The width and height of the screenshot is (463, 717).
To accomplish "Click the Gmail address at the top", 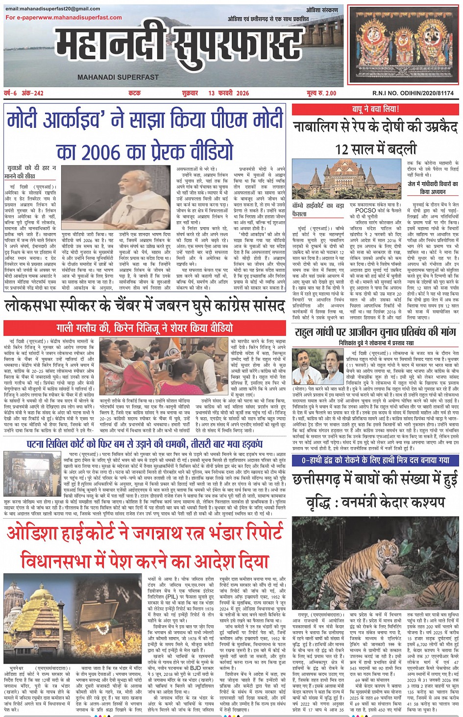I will coord(53,9).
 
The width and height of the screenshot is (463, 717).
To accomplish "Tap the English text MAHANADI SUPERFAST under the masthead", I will coord(118,77).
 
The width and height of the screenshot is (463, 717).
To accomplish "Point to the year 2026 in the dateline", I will coord(242,93).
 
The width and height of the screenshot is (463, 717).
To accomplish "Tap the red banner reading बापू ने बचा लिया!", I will coord(375,109).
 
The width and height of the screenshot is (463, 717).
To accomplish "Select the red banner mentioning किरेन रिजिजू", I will coord(145,328).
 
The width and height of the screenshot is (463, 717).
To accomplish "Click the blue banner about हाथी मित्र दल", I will coord(375,460).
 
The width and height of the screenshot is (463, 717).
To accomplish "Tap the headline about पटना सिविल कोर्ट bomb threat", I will coord(145,444).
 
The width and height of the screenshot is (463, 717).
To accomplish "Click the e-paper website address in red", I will coord(64,18).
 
